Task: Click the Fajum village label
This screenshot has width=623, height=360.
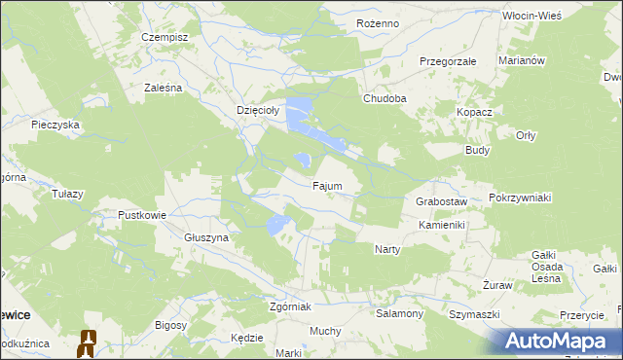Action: tap(326, 185)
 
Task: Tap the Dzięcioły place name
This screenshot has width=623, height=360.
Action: tap(258, 111)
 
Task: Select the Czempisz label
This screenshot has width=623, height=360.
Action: tap(164, 36)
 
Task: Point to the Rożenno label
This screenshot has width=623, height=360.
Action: tap(379, 22)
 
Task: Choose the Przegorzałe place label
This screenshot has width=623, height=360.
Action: tap(447, 60)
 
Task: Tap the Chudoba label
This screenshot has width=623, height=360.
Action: tap(385, 98)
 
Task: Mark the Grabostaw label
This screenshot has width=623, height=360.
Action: tap(442, 201)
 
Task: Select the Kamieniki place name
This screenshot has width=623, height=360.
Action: tap(443, 225)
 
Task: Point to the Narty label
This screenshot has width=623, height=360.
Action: tap(387, 249)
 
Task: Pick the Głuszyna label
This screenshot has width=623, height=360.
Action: tap(205, 237)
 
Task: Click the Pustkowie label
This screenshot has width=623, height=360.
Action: tap(142, 215)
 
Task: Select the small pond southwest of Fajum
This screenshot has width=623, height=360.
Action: tap(277, 226)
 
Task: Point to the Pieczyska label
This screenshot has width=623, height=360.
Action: tap(55, 125)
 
